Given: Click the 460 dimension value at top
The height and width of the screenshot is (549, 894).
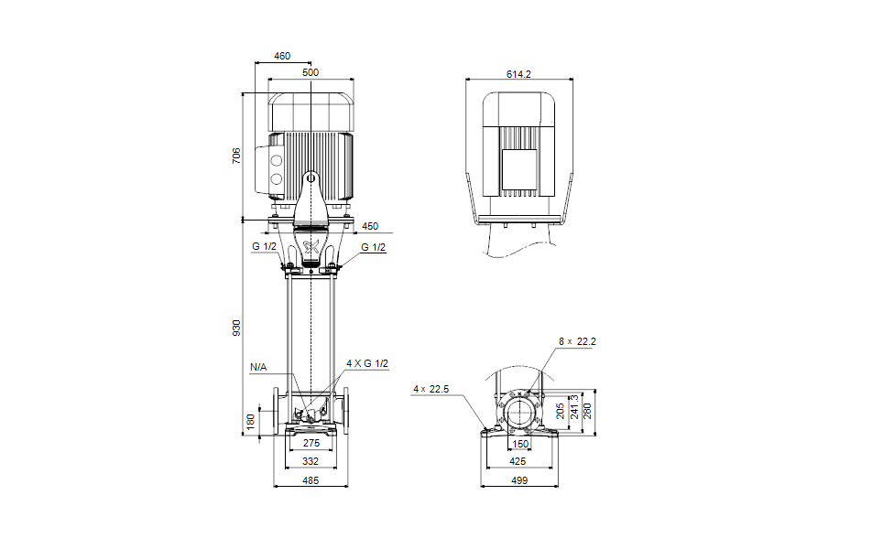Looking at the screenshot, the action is tap(281, 56).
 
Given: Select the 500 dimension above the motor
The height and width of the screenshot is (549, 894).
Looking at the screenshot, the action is tap(311, 72).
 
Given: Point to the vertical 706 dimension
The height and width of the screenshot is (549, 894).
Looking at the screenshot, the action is tap(236, 156).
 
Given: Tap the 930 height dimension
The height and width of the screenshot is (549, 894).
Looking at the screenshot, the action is tap(236, 328).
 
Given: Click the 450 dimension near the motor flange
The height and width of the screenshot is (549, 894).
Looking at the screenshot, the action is tap(369, 226).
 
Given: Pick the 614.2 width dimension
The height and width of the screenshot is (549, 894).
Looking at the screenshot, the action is tap(518, 74).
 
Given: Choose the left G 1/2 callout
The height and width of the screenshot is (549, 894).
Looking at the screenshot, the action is tap(264, 246).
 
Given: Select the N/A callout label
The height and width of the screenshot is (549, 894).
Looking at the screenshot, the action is tap(258, 367).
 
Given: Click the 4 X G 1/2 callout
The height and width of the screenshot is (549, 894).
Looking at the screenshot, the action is tap(367, 363).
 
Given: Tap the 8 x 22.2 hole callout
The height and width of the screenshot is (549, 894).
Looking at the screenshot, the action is tap(577, 341).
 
